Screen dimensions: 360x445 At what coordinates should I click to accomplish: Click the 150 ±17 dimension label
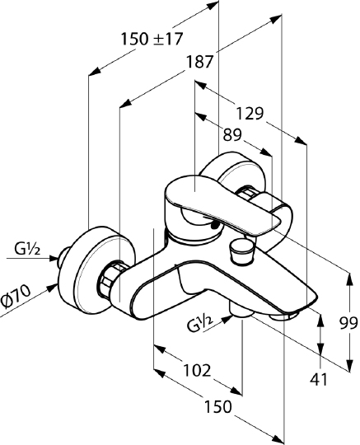click(x=152, y=39)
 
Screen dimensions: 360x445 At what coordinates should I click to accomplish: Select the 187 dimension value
click(x=199, y=62)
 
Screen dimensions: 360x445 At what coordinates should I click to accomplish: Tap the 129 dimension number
click(x=250, y=114)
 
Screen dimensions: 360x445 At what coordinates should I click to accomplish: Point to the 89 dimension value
click(x=232, y=134)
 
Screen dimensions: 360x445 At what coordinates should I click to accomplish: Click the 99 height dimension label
click(x=348, y=323)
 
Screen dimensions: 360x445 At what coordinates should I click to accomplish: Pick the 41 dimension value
click(x=319, y=379)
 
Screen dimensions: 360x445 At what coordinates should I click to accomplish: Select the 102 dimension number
click(x=197, y=370)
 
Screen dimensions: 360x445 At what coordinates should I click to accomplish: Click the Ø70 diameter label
click(x=16, y=297)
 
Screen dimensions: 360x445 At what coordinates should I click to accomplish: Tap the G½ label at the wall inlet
click(x=27, y=250)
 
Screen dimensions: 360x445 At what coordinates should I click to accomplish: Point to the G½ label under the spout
click(x=200, y=325)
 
